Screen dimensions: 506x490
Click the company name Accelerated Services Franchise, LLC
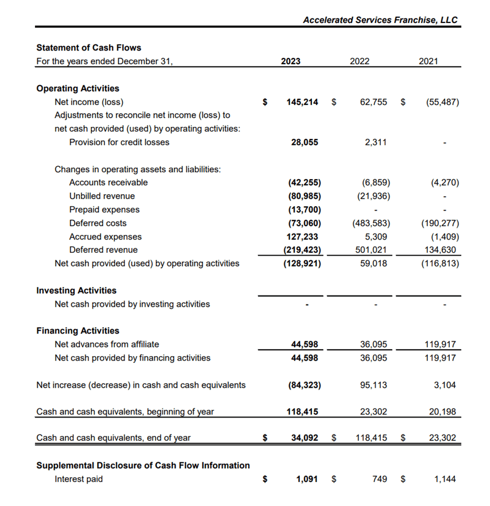point(380,20)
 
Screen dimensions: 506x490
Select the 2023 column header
point(291,61)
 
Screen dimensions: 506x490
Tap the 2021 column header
point(428,61)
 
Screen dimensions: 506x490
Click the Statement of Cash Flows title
point(88,48)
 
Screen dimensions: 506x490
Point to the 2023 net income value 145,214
point(302,102)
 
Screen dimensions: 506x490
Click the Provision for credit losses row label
point(119,142)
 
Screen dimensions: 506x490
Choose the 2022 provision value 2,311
point(376,142)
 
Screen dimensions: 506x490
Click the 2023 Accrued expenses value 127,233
point(303,237)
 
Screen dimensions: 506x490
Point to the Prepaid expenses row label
point(104,210)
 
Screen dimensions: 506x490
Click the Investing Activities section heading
point(76,291)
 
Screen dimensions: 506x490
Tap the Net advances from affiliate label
point(107,345)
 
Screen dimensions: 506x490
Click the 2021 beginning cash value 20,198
point(443,412)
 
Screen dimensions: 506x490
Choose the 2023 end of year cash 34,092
point(304,438)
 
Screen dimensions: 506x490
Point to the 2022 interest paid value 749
point(380,479)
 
